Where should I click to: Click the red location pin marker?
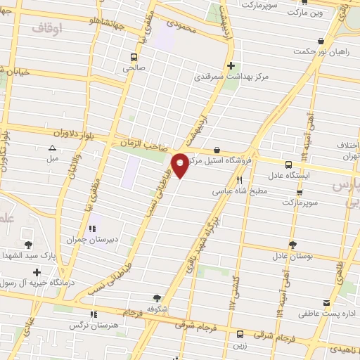coord(181,165)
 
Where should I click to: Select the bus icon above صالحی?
coord(133,57)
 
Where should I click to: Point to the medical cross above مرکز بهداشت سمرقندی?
coord(240,65)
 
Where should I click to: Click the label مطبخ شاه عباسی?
coord(240,191)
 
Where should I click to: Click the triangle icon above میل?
coord(52,148)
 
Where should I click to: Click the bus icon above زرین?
coord(241,334)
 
